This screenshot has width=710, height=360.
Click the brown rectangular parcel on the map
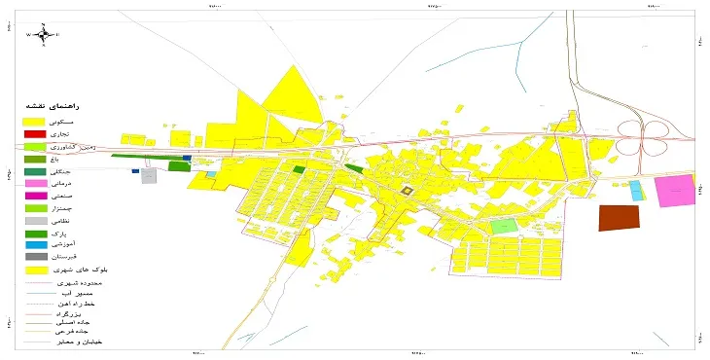tap(620, 218)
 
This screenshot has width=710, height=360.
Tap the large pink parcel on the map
tap(672, 192)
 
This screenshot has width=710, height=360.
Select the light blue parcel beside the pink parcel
tap(636, 191)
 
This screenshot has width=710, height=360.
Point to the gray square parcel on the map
tap(149, 176)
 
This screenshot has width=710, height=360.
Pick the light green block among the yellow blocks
tap(503, 226)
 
